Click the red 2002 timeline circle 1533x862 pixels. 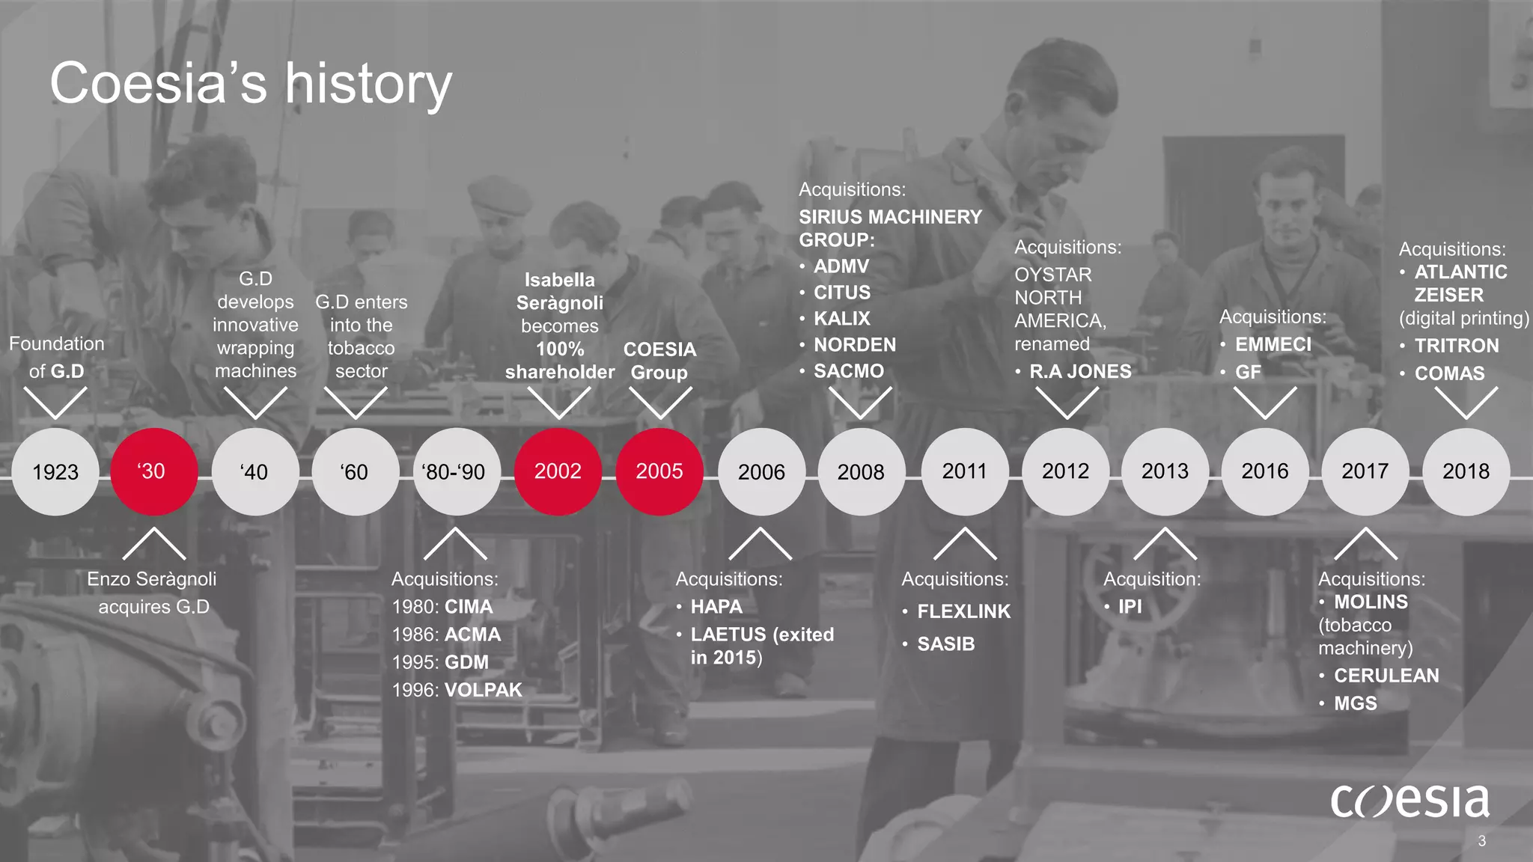click(x=558, y=471)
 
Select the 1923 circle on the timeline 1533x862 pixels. click(x=55, y=471)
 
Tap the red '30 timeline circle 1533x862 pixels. click(x=153, y=471)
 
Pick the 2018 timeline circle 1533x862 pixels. click(x=1466, y=471)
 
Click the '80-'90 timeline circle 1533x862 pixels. click(x=454, y=471)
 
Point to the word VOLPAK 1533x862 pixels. click(x=483, y=690)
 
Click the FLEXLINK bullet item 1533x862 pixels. click(x=963, y=611)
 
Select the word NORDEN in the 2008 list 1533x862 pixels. click(x=854, y=345)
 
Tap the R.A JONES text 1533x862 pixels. click(x=1079, y=372)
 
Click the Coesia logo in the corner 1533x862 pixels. click(x=1409, y=801)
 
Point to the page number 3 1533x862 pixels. click(x=1481, y=841)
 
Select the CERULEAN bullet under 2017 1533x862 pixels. click(x=1386, y=676)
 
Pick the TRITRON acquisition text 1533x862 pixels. click(x=1456, y=346)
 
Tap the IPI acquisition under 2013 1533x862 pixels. click(x=1130, y=607)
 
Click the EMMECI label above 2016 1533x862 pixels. click(x=1273, y=344)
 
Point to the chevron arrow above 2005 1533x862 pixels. click(x=659, y=403)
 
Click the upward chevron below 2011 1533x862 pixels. click(x=965, y=543)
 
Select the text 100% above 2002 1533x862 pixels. click(x=559, y=349)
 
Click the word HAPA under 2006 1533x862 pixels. click(x=716, y=607)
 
